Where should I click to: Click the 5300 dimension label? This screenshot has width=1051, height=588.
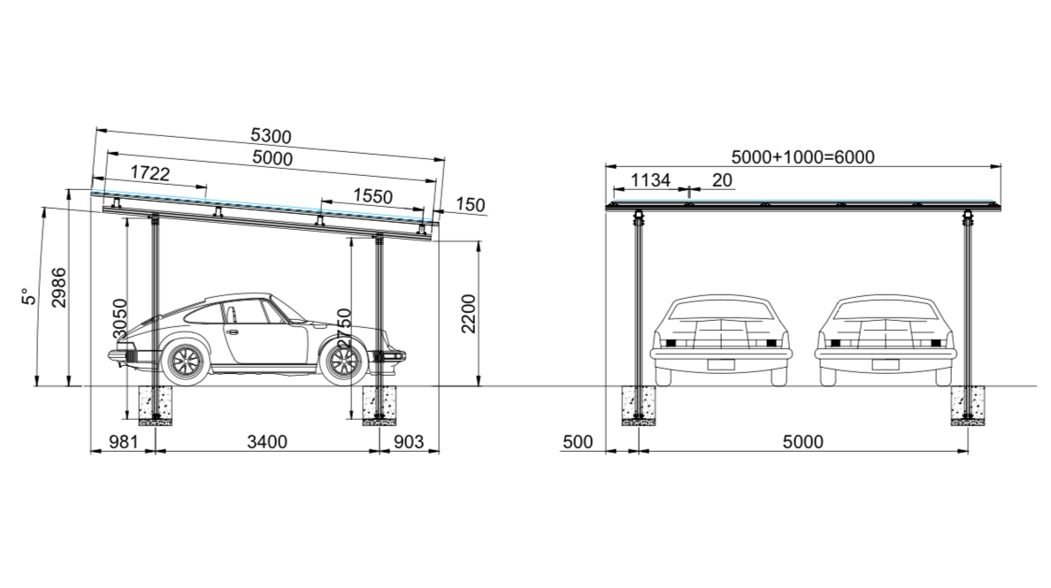click(271, 136)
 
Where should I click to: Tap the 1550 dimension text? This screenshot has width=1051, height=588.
click(372, 196)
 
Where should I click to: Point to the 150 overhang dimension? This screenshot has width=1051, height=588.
click(472, 205)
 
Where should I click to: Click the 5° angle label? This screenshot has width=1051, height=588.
click(29, 296)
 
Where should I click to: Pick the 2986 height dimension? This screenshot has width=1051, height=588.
click(58, 287)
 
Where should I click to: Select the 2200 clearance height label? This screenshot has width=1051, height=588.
click(469, 314)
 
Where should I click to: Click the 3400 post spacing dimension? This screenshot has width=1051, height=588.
click(266, 441)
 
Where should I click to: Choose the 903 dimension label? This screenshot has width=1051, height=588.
click(409, 441)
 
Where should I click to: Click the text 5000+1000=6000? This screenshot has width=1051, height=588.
click(802, 157)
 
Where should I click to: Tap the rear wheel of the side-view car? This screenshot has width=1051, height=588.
click(186, 361)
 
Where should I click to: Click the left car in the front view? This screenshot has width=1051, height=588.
click(720, 340)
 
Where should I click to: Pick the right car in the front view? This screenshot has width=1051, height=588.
click(885, 340)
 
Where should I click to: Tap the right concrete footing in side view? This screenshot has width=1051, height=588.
click(380, 405)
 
